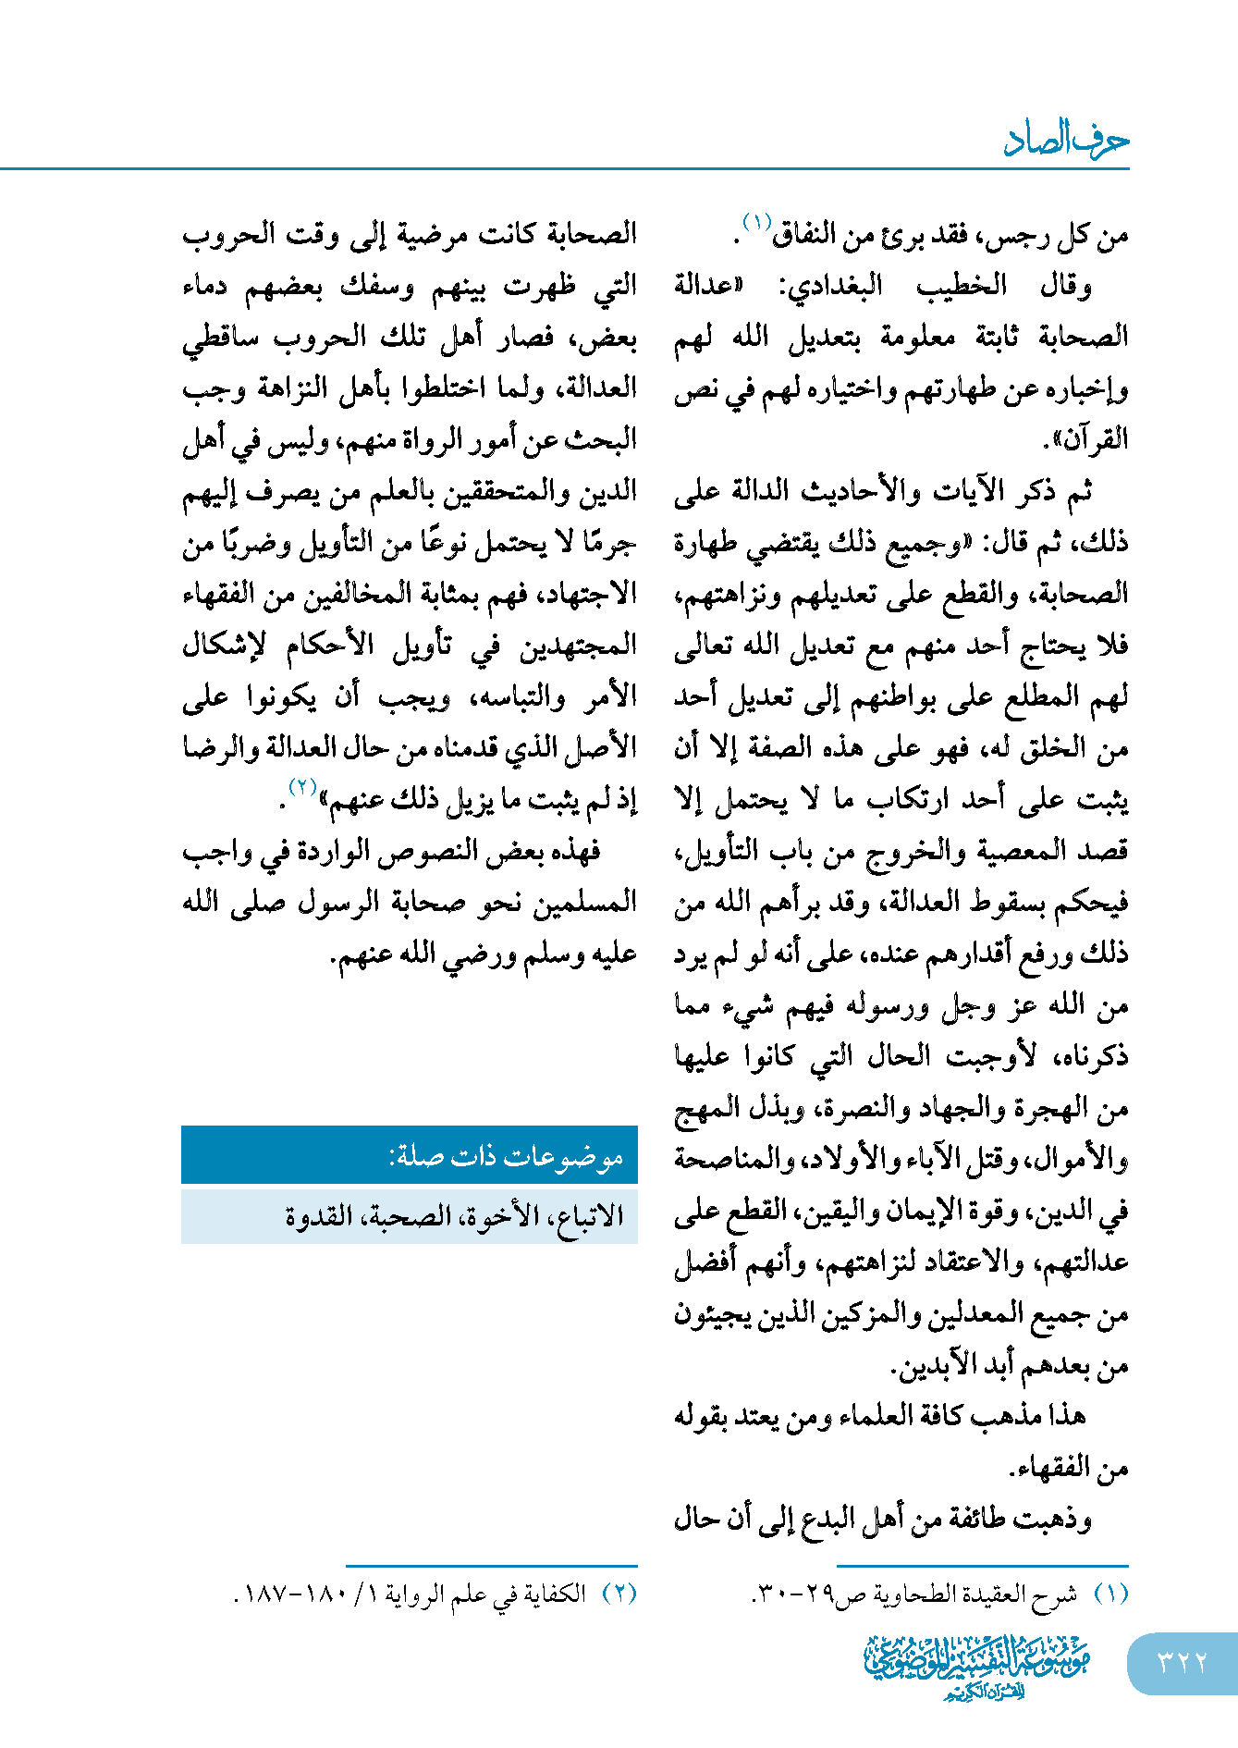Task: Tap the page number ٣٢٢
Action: tap(1183, 1662)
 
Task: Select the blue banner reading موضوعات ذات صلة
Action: tap(410, 1155)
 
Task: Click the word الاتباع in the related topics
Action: tap(586, 1215)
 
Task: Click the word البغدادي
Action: tap(832, 286)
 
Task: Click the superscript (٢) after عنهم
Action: tap(303, 787)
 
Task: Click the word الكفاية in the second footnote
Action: tap(553, 1594)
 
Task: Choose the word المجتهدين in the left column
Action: tap(578, 645)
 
